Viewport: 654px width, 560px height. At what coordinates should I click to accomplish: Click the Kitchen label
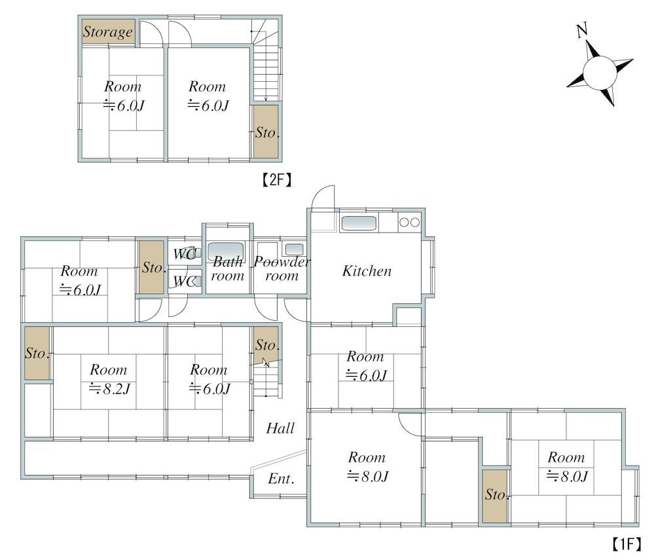click(367, 271)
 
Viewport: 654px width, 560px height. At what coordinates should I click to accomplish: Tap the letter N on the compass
click(582, 31)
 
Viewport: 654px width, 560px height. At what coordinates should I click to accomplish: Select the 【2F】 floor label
click(277, 180)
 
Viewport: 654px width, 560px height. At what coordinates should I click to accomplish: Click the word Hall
click(280, 428)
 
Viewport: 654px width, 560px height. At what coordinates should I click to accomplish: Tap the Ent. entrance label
click(281, 479)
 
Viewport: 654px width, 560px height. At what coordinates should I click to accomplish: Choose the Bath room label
click(227, 269)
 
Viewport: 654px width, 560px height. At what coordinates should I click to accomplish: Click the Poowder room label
click(282, 269)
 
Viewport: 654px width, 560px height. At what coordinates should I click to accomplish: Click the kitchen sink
click(359, 223)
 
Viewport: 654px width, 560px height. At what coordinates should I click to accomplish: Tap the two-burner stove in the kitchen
click(409, 223)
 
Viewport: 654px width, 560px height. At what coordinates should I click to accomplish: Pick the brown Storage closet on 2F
click(108, 31)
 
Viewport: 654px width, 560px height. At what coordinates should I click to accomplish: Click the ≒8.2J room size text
click(109, 389)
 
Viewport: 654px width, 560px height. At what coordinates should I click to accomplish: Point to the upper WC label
click(183, 253)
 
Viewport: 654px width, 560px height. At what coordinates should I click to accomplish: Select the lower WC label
click(183, 282)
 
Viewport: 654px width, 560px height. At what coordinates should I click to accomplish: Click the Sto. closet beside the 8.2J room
click(37, 353)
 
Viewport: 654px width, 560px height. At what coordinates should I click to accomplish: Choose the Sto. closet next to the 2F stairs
click(266, 132)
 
